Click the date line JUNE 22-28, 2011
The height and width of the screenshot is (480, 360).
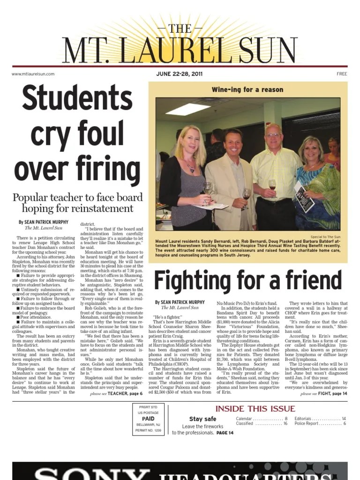[x=180, y=74]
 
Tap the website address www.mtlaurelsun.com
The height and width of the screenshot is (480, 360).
[x=33, y=74]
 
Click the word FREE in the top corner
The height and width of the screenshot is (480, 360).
[x=341, y=74]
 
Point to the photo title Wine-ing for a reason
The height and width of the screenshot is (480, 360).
[x=247, y=90]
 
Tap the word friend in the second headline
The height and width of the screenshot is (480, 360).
[x=311, y=281]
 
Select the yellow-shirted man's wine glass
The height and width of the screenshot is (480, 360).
[x=272, y=184]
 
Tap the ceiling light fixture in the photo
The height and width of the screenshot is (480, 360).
[x=187, y=109]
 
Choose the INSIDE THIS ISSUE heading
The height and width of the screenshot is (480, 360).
[x=255, y=409]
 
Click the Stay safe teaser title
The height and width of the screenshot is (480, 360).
[x=202, y=419]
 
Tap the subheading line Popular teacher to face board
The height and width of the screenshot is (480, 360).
[x=78, y=197]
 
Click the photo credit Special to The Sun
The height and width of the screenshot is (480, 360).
[x=325, y=237]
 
